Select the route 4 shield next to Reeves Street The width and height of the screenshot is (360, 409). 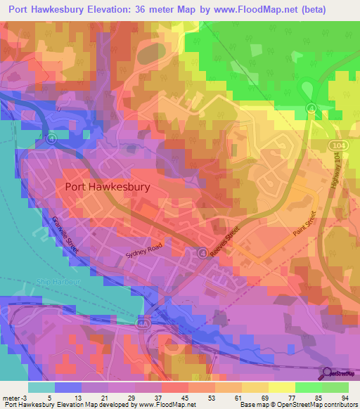click(x=202, y=253)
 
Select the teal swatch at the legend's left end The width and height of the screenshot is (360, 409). click(x=41, y=387)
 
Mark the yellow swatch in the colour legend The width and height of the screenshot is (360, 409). click(x=282, y=387)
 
